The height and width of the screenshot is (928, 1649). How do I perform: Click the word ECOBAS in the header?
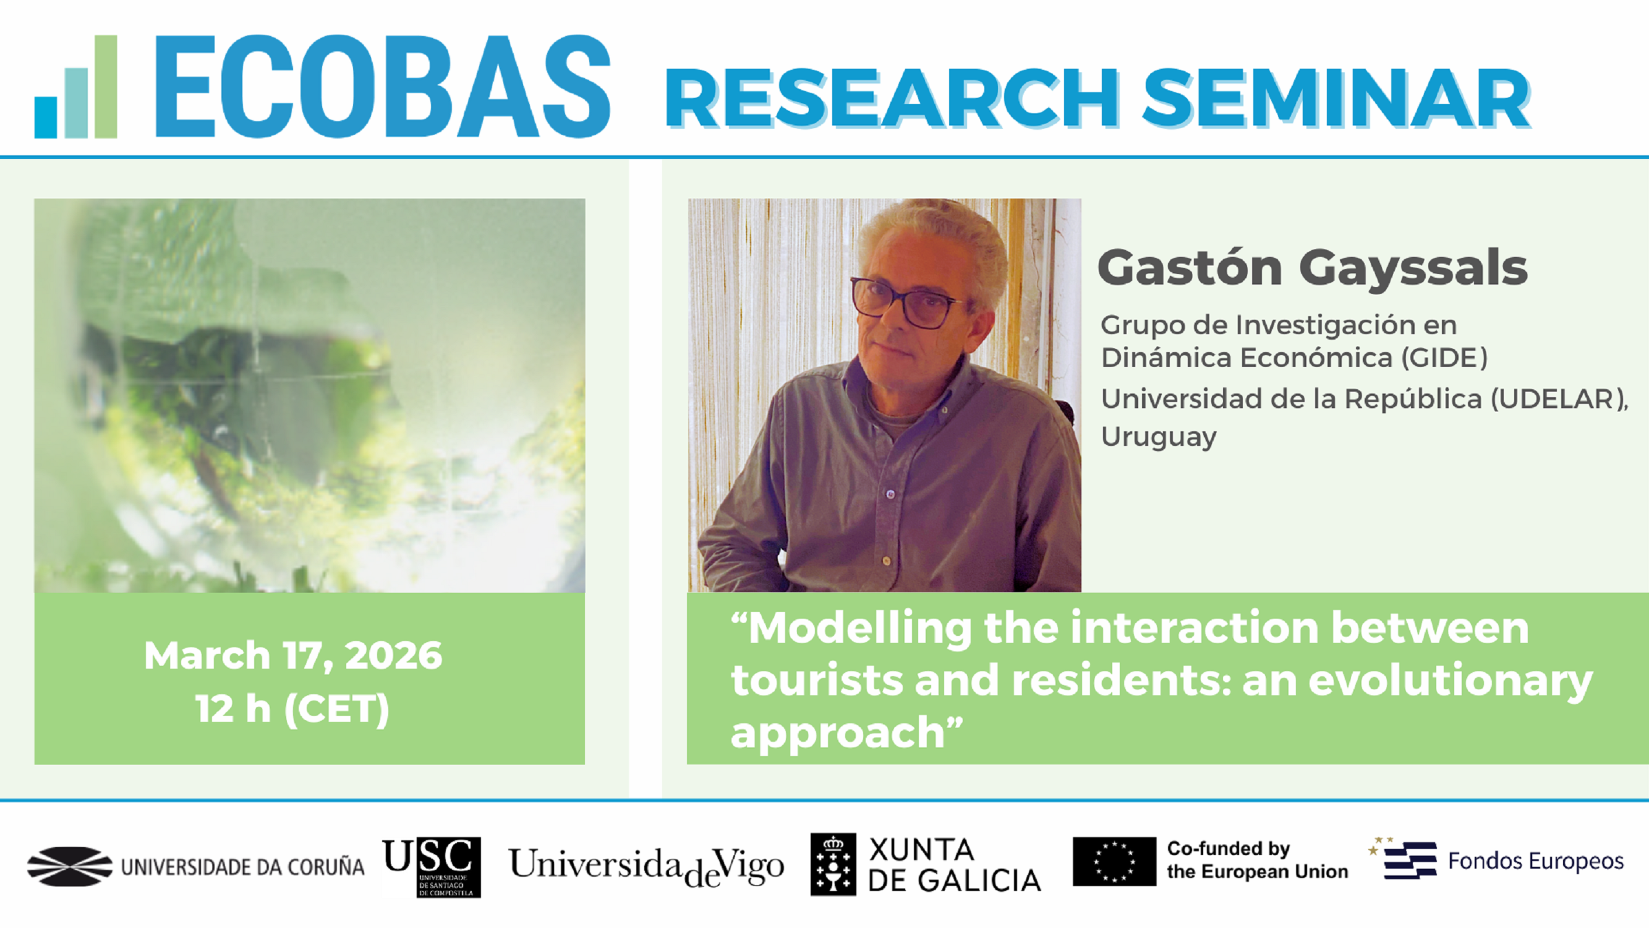(x=382, y=87)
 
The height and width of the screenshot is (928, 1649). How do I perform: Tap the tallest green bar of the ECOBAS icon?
(x=106, y=87)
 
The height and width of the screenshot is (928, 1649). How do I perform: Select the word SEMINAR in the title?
(x=1337, y=98)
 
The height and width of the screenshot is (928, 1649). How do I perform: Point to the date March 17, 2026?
(x=293, y=655)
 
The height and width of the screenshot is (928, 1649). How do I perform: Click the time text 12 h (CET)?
(x=292, y=709)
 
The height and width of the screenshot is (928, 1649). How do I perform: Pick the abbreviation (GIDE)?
(x=1444, y=358)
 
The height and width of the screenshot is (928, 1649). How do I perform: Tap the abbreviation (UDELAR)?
(x=1559, y=399)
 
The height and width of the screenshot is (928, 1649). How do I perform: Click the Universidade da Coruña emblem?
(x=70, y=867)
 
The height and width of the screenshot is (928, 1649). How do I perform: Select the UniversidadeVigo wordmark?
(x=647, y=867)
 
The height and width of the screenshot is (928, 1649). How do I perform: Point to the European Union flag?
(x=1115, y=861)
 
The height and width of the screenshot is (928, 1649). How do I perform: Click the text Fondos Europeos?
(x=1536, y=861)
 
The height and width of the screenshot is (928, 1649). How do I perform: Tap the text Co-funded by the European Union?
(x=1258, y=860)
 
